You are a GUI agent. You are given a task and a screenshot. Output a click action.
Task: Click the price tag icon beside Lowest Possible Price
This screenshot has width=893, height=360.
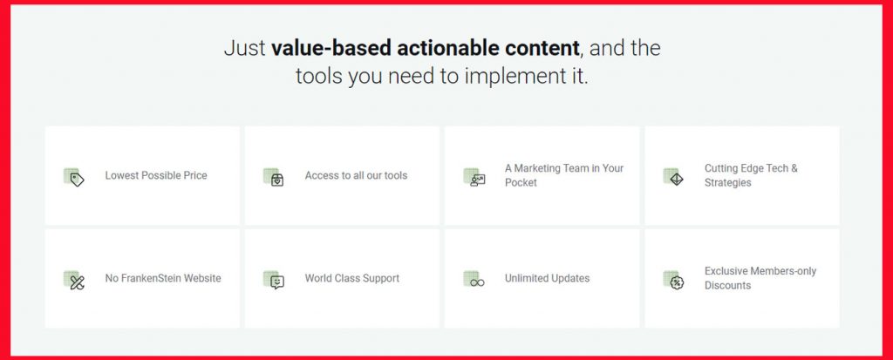74,177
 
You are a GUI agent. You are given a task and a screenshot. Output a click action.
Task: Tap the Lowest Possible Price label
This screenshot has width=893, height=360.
156,175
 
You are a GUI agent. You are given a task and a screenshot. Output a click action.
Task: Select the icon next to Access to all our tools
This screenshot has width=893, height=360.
274,177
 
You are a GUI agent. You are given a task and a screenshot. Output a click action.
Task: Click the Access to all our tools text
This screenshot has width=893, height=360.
356,175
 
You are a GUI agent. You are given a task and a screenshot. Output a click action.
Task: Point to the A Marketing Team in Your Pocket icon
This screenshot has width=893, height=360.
474,177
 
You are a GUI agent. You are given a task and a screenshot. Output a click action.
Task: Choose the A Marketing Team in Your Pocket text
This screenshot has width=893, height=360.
564,175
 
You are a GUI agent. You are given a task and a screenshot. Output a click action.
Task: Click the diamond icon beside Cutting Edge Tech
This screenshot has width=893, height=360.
674,177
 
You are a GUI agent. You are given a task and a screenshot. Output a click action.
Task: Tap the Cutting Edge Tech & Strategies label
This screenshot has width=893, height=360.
751,175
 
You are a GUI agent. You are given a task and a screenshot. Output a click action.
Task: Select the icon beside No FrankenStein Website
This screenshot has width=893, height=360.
74,280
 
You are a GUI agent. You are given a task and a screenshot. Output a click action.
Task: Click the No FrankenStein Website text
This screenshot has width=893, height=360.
163,278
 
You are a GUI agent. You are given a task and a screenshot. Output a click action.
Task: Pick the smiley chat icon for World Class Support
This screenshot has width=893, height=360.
274,280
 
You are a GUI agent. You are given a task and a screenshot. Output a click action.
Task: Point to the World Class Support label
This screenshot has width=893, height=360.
352,278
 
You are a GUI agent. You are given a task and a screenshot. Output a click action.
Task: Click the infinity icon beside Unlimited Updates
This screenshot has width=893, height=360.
474,280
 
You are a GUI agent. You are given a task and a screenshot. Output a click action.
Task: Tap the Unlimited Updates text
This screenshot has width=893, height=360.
547,278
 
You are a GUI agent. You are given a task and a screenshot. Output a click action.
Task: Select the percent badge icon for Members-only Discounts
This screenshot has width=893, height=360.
674,280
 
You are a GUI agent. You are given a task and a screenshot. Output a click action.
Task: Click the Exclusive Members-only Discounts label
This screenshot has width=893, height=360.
760,278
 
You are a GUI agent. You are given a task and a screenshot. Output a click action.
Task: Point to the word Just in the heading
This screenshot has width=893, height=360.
245,49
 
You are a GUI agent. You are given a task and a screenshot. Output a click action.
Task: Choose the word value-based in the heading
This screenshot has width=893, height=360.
331,48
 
